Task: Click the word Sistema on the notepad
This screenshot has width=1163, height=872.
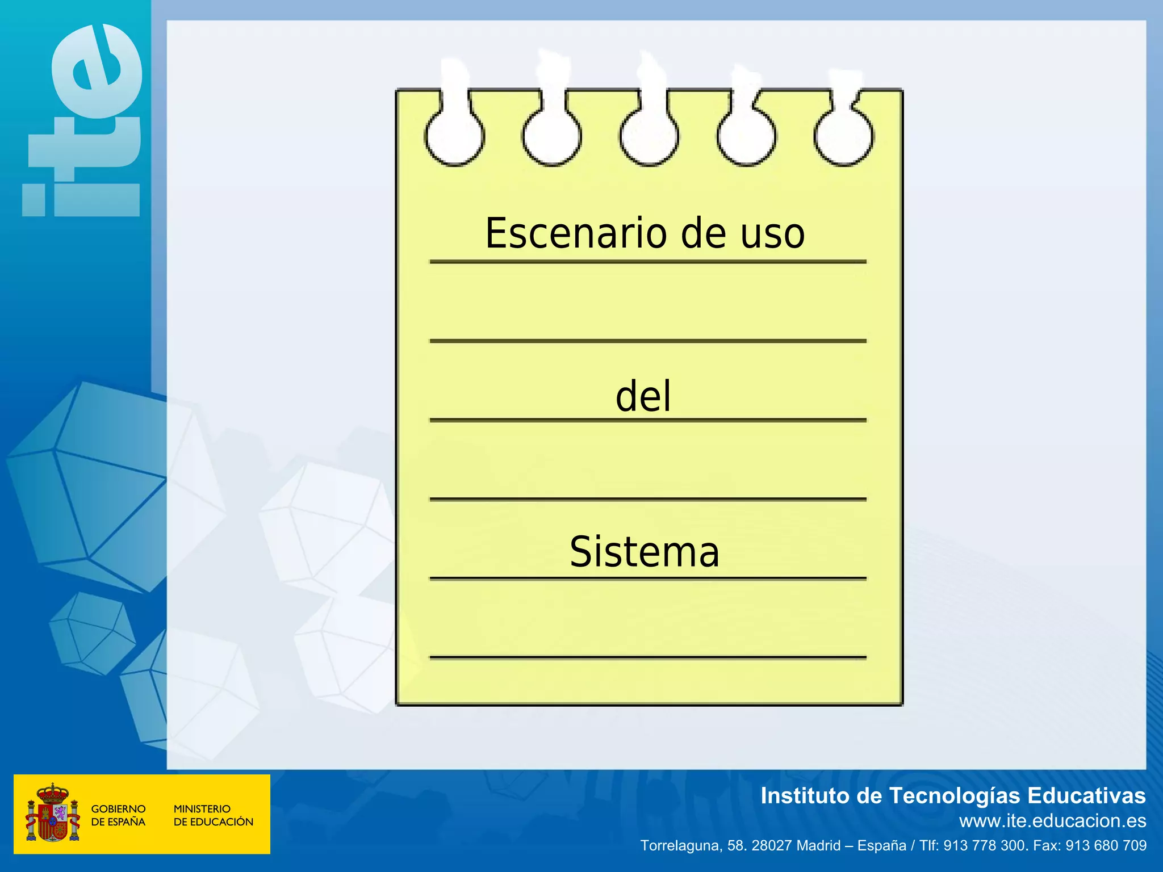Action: [x=645, y=552]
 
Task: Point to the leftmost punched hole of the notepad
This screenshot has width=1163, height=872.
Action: [x=454, y=137]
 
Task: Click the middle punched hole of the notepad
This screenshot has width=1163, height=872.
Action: [x=649, y=137]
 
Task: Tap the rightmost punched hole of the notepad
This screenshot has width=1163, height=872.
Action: [x=843, y=137]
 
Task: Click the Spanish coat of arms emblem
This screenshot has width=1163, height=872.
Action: [x=52, y=814]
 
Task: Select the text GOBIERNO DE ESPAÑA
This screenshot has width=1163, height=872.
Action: [x=118, y=815]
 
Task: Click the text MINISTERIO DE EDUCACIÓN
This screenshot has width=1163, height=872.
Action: [x=213, y=815]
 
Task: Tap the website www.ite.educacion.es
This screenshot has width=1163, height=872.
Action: [x=1052, y=821]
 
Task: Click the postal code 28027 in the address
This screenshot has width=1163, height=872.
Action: [x=771, y=846]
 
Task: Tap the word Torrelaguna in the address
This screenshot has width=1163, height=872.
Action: [x=679, y=846]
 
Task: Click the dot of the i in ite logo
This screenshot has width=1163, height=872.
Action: [x=34, y=199]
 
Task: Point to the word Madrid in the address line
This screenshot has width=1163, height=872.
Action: [x=818, y=846]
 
